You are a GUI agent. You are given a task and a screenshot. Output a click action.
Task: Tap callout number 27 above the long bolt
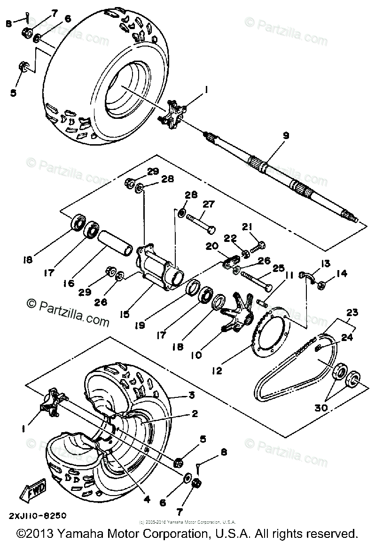[208, 204]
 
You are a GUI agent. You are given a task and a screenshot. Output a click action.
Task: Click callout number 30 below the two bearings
[320, 408]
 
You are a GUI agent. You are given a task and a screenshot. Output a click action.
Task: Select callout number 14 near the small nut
[342, 273]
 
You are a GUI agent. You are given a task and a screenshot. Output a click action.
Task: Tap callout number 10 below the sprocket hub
[196, 356]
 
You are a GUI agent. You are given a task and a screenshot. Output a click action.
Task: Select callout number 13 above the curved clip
[325, 264]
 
